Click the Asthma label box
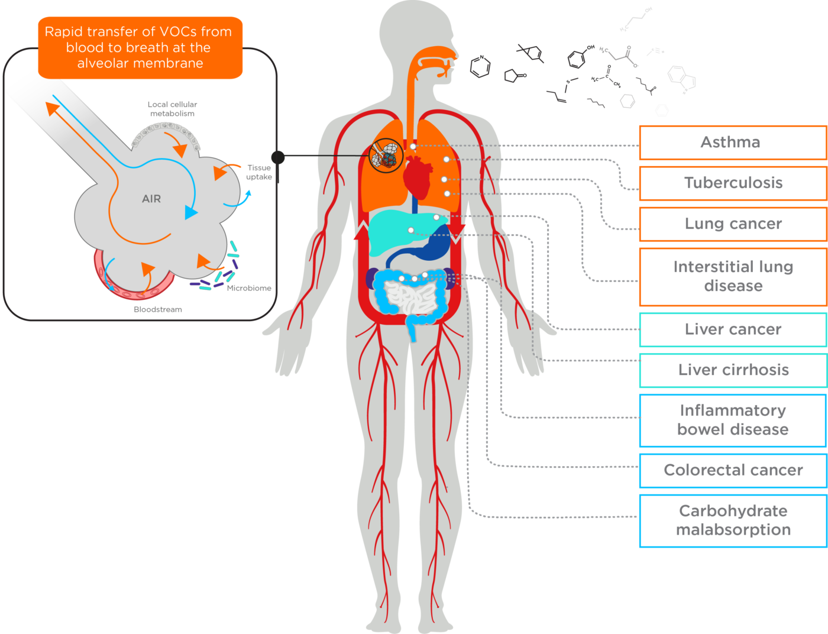tap(732, 143)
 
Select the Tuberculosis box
tap(732, 183)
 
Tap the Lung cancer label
tap(732, 224)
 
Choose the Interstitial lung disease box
tap(732, 276)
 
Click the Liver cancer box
tap(732, 329)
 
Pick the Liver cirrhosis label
tap(732, 370)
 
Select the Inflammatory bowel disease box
tap(732, 420)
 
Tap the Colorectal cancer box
tap(732, 470)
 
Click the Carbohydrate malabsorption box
tap(732, 520)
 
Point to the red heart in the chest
tap(417, 177)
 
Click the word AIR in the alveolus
tap(151, 199)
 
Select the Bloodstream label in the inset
tap(157, 309)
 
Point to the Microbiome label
tap(249, 288)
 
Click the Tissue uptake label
tap(259, 172)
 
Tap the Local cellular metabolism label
tap(172, 109)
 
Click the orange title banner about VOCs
tap(140, 47)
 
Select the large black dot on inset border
tap(278, 157)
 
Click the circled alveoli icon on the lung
tap(386, 156)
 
